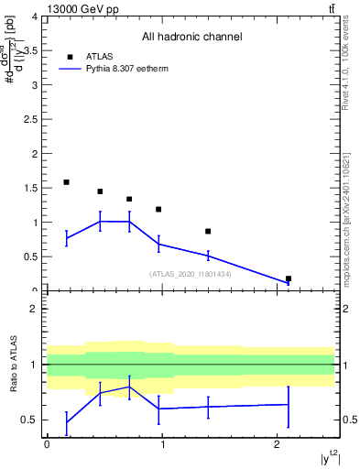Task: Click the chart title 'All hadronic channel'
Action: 191,38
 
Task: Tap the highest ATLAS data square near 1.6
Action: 66,182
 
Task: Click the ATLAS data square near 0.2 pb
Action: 289,278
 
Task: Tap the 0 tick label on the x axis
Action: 46,445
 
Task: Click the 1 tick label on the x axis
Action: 161,445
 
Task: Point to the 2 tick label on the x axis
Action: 277,445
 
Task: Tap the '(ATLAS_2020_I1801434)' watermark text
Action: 191,274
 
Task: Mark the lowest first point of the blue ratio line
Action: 66,422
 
